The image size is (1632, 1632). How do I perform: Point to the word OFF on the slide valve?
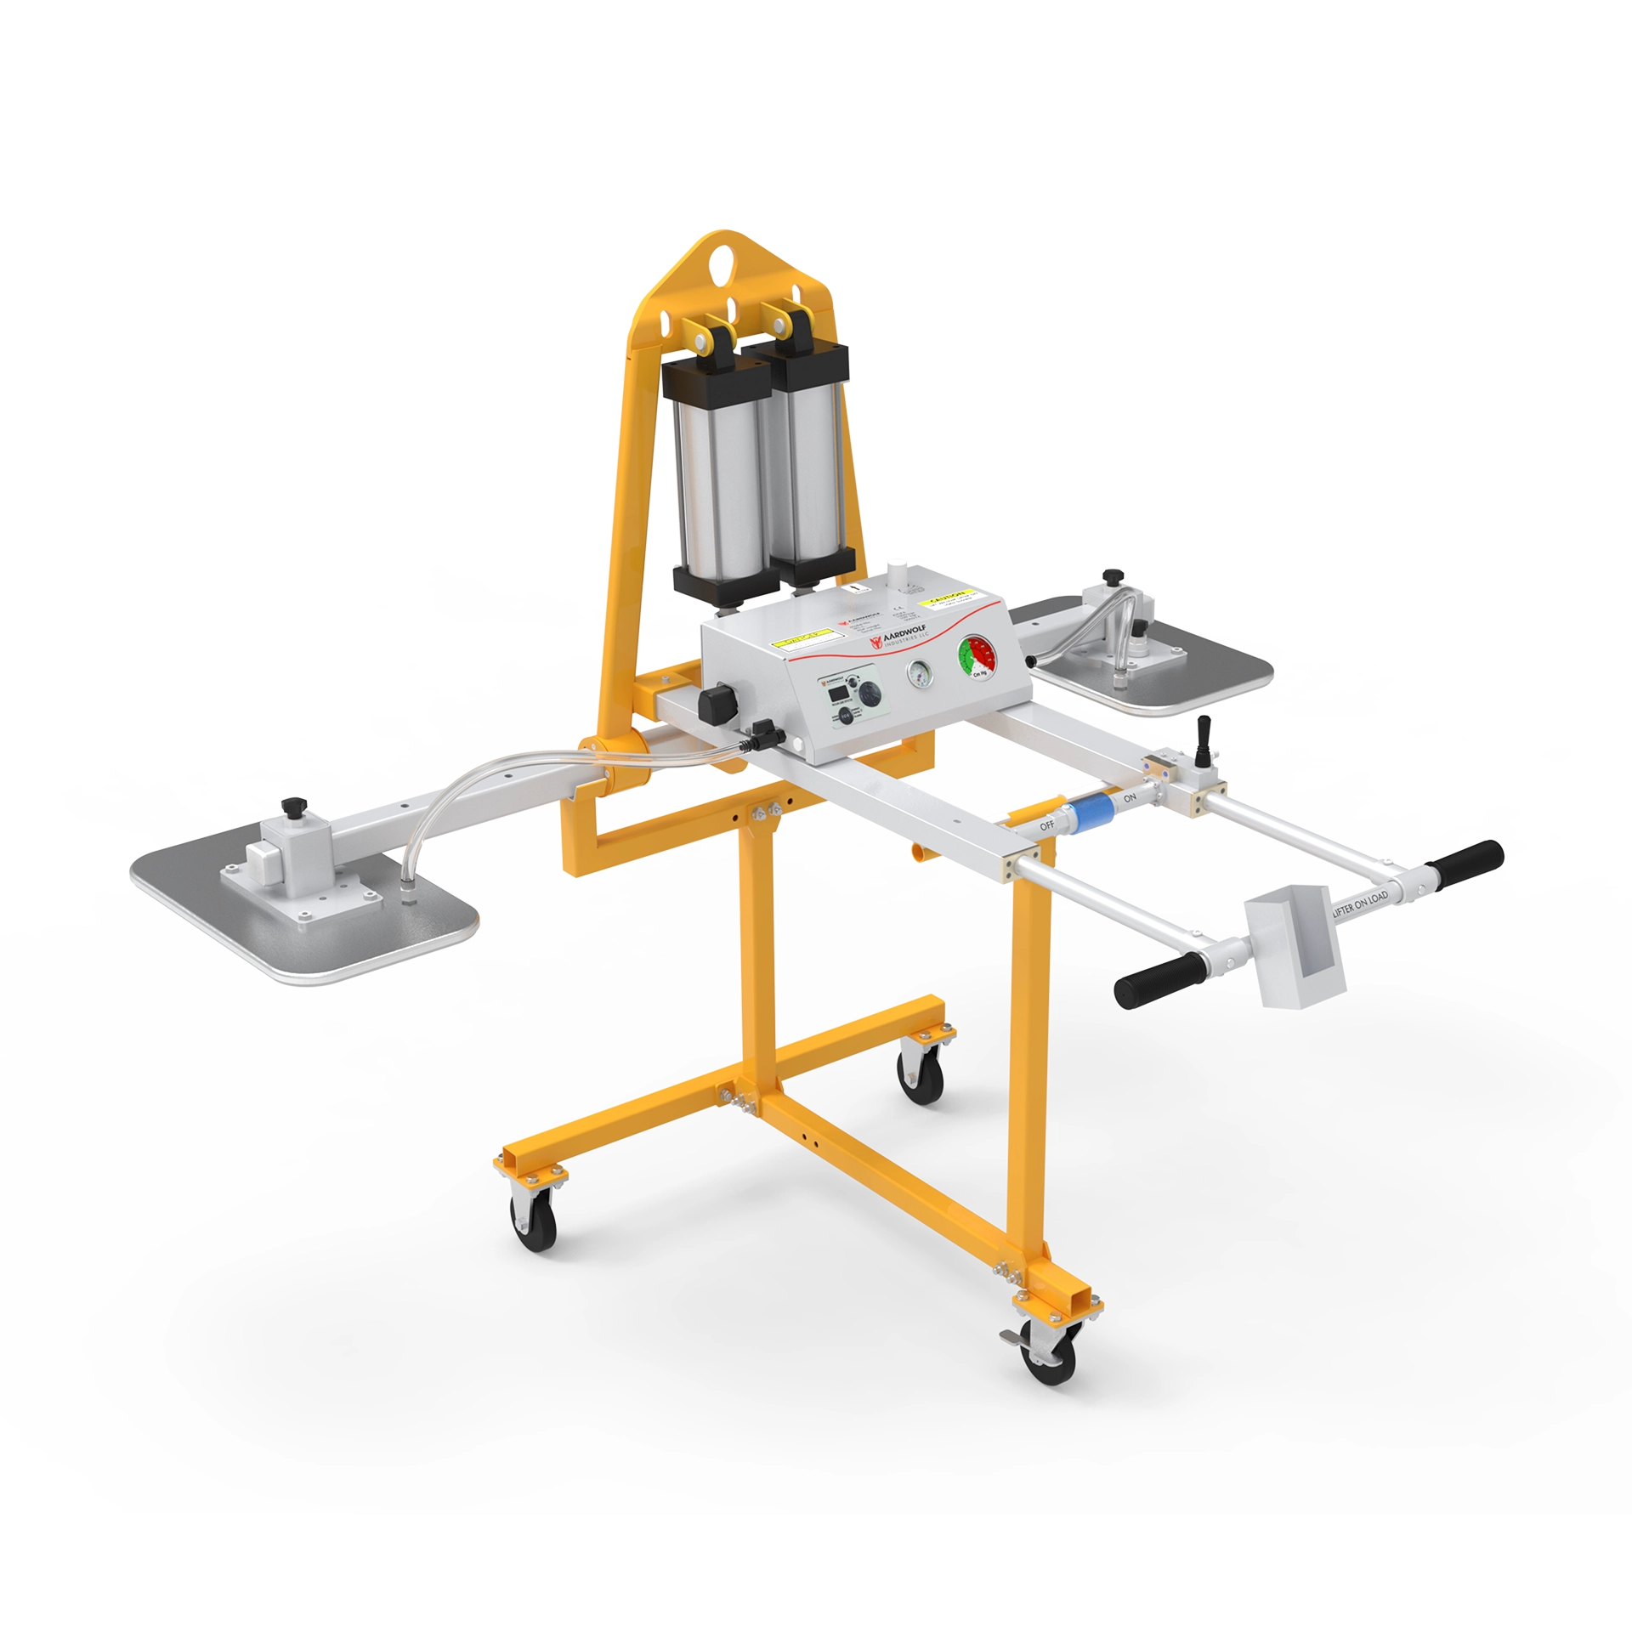(1046, 825)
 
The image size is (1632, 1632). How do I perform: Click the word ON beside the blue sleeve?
(1130, 798)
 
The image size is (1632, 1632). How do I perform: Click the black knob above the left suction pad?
(294, 804)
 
